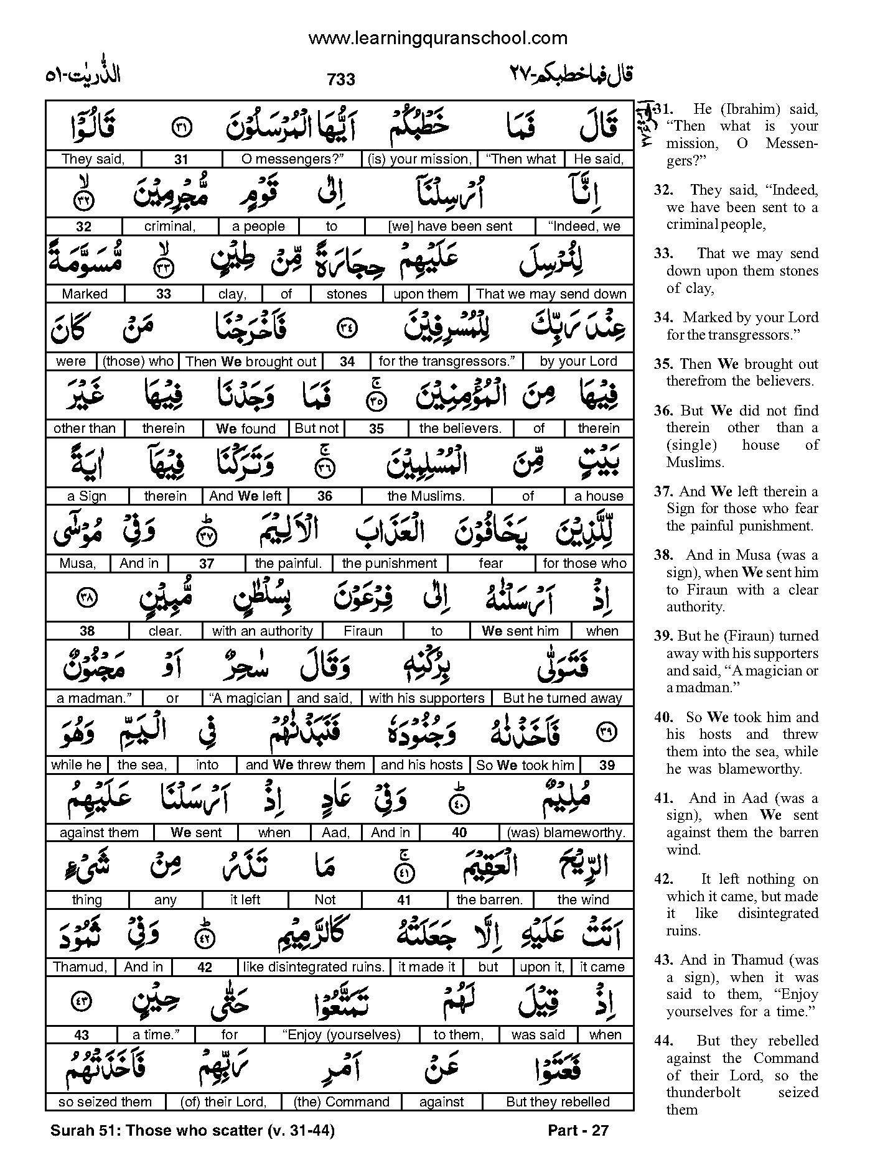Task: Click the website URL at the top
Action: [437, 39]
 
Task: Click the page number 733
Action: [340, 80]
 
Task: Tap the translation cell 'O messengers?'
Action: [292, 159]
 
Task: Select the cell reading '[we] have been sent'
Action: [450, 226]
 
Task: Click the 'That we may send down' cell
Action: [551, 294]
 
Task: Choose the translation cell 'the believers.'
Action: [460, 429]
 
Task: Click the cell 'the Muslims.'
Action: [426, 496]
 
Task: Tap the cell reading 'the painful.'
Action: [288, 563]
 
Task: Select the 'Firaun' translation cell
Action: [363, 631]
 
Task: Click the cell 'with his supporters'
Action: [426, 698]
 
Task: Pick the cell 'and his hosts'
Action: [421, 765]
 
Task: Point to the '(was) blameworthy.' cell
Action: [566, 833]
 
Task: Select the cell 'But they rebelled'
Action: [558, 1102]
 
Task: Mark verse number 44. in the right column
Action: [662, 1041]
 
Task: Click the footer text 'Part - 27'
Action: [578, 1130]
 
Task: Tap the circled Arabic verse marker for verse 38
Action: [85, 598]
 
